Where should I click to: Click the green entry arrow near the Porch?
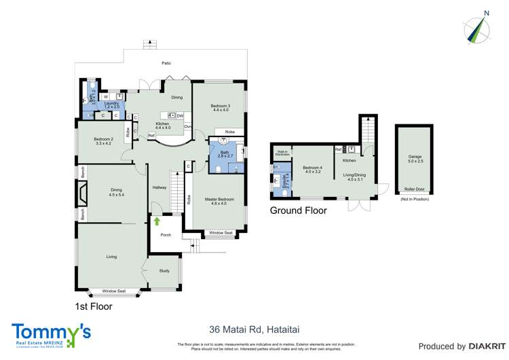click(x=157, y=221)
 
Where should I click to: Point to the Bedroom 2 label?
click(x=103, y=141)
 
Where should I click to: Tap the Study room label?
click(x=164, y=271)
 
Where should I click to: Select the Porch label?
click(x=165, y=235)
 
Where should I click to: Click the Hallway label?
click(x=159, y=187)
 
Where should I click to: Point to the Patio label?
click(x=166, y=63)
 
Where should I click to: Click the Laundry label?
click(x=112, y=104)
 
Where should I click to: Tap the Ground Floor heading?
click(x=299, y=211)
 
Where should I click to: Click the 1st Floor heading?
click(x=93, y=306)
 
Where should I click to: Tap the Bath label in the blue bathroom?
click(x=225, y=153)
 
